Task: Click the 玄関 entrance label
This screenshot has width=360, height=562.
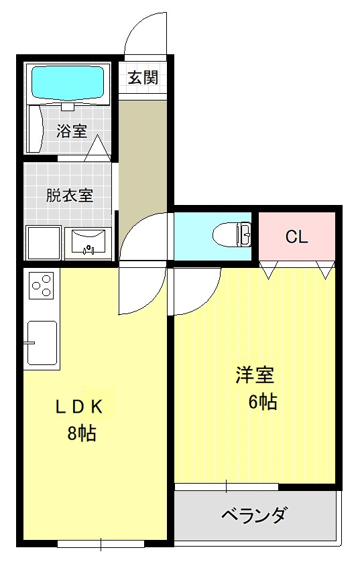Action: (x=143, y=78)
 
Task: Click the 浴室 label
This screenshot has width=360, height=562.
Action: (x=72, y=131)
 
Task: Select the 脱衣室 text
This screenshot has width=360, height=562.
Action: (x=69, y=196)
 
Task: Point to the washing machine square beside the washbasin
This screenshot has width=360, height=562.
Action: (x=42, y=242)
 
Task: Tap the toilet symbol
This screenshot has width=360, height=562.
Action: (x=232, y=235)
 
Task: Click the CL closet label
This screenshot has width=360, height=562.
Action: (x=296, y=237)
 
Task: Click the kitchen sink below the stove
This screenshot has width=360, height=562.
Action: (x=42, y=343)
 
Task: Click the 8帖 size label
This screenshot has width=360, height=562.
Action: (x=81, y=433)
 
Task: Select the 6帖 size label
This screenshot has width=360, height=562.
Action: (x=262, y=402)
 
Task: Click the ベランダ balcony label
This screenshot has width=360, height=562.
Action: (x=254, y=515)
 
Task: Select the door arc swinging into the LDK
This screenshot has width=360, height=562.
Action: (x=140, y=290)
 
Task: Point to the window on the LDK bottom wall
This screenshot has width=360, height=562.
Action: (x=101, y=543)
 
